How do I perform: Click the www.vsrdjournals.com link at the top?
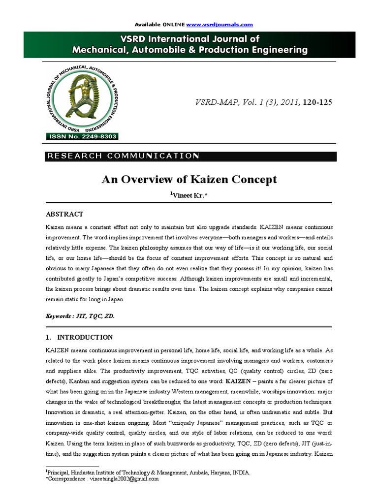click(220, 25)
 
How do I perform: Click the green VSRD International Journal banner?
click(189, 44)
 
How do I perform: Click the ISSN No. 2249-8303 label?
click(82, 136)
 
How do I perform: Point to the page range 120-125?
click(318, 103)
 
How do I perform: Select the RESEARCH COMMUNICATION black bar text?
click(122, 156)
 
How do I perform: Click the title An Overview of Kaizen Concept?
click(189, 180)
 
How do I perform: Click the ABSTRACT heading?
click(64, 215)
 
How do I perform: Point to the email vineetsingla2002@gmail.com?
click(122, 478)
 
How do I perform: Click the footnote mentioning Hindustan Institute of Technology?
click(148, 472)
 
